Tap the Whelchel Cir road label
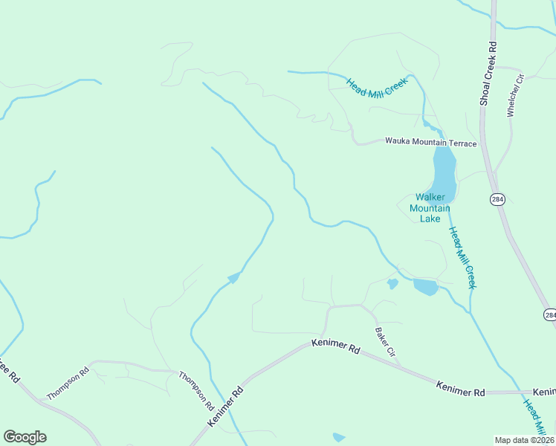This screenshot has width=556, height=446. (x=511, y=94)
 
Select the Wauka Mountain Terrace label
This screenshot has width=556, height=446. (x=430, y=142)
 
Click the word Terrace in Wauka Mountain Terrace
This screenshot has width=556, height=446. (x=460, y=142)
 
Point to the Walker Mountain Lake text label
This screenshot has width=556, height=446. (x=430, y=208)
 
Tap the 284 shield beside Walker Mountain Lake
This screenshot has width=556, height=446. (x=496, y=199)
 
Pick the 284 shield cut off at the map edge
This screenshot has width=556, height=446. (x=550, y=315)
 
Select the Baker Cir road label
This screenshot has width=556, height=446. (x=384, y=341)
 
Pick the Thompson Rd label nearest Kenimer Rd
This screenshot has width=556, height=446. (x=196, y=392)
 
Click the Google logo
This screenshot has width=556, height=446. (x=25, y=437)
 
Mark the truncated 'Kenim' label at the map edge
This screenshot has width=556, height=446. (x=544, y=392)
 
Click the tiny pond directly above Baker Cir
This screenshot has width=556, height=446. (x=392, y=284)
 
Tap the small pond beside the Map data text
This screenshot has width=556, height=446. (x=339, y=438)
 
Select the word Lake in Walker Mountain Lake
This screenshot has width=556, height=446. (x=430, y=219)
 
